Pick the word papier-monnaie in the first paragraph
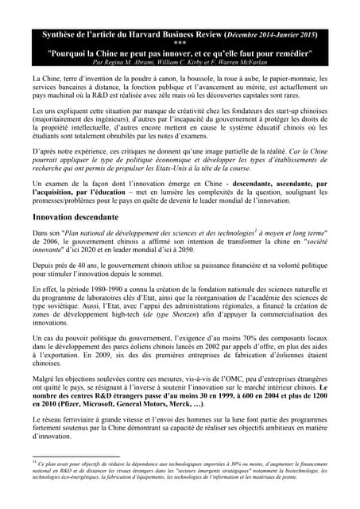[x=269, y=80]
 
